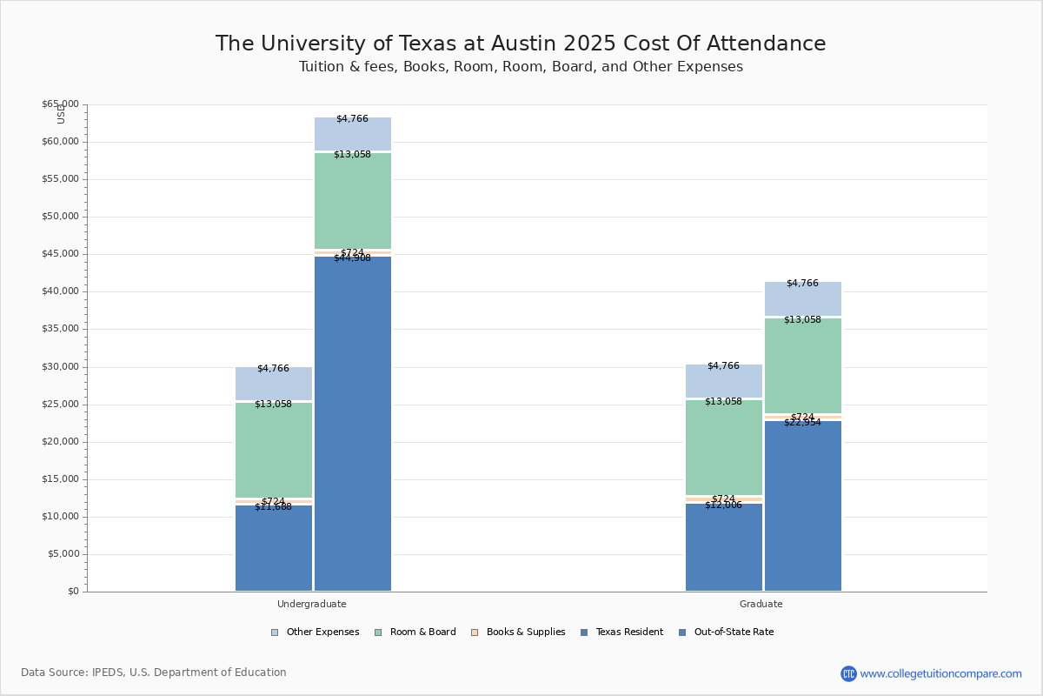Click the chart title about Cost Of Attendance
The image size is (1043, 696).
(x=521, y=44)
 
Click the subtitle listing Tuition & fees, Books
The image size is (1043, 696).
(x=521, y=67)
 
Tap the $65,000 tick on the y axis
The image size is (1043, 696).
(x=60, y=104)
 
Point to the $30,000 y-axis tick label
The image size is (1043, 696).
(x=60, y=367)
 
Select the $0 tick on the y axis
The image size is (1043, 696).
(x=72, y=592)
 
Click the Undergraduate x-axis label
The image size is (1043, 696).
(x=311, y=604)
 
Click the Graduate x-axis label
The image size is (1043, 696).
(x=761, y=604)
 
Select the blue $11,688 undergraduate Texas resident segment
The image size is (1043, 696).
(x=274, y=548)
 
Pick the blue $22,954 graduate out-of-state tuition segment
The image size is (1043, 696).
(x=803, y=505)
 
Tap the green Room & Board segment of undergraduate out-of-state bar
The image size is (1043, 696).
(x=353, y=201)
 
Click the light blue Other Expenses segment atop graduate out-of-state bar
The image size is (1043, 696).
(x=803, y=299)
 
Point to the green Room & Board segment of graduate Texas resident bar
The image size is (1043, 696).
(x=724, y=447)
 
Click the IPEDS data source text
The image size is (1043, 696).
(x=154, y=673)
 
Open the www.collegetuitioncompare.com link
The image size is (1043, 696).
(x=940, y=673)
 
